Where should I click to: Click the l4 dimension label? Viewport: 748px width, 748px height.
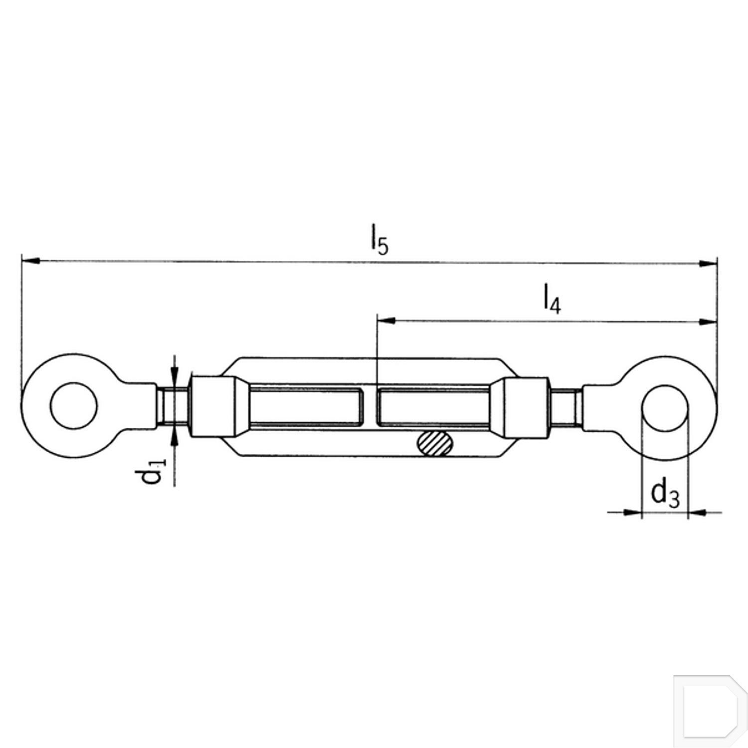pyautogui.click(x=552, y=299)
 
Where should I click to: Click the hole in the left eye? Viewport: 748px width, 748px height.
pyautogui.click(x=74, y=405)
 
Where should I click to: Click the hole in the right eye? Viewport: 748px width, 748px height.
pyautogui.click(x=666, y=408)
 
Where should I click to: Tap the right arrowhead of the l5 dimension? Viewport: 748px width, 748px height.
pyautogui.click(x=707, y=264)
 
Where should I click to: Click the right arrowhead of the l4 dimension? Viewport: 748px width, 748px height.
pyautogui.click(x=707, y=322)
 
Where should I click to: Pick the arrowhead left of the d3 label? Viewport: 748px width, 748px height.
pyautogui.click(x=632, y=512)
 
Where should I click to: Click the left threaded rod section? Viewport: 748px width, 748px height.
pyautogui.click(x=173, y=406)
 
